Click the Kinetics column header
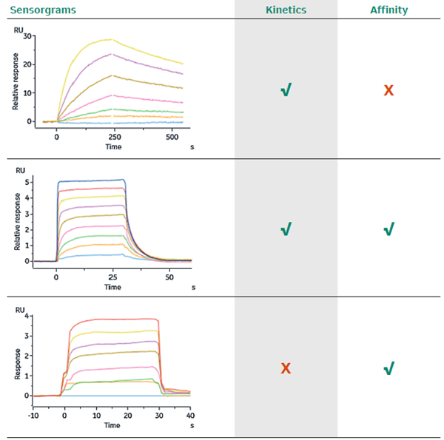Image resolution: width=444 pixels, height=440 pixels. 286,10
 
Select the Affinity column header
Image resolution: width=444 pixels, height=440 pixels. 388,10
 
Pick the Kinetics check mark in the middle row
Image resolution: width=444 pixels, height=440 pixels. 286,229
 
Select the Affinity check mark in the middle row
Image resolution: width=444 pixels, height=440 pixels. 388,229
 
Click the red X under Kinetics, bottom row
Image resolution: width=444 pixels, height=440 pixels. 286,368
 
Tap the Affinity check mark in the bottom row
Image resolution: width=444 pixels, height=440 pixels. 388,368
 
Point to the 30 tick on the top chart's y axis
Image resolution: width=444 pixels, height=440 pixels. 27,36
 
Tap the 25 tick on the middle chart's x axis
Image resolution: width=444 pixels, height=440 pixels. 112,277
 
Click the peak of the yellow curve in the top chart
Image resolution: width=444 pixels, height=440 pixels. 111,39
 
